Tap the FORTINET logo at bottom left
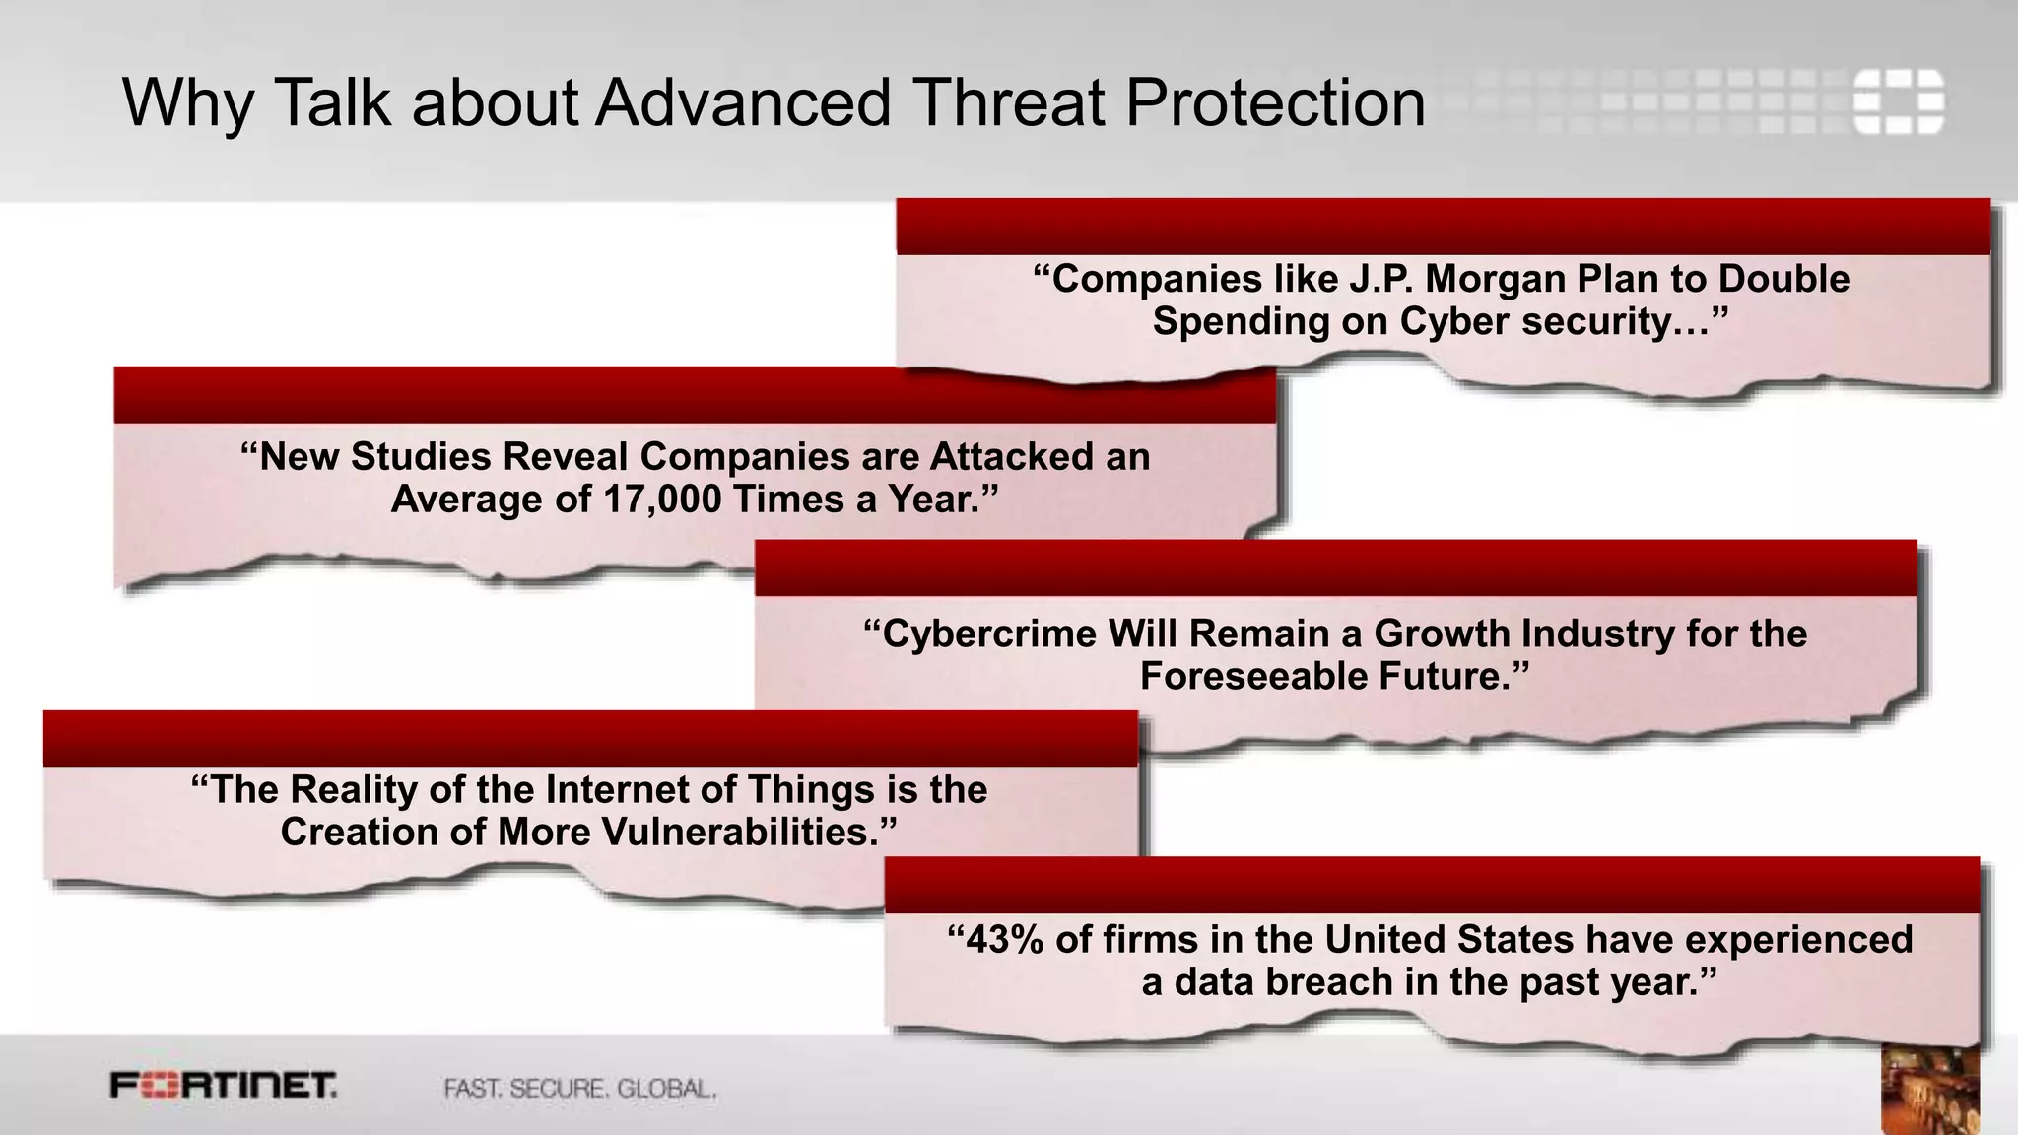point(224,1086)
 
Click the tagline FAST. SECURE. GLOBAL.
point(579,1089)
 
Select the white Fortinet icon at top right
point(1898,100)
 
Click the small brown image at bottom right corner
point(1929,1089)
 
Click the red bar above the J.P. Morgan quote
point(1443,227)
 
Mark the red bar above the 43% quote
point(1432,885)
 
